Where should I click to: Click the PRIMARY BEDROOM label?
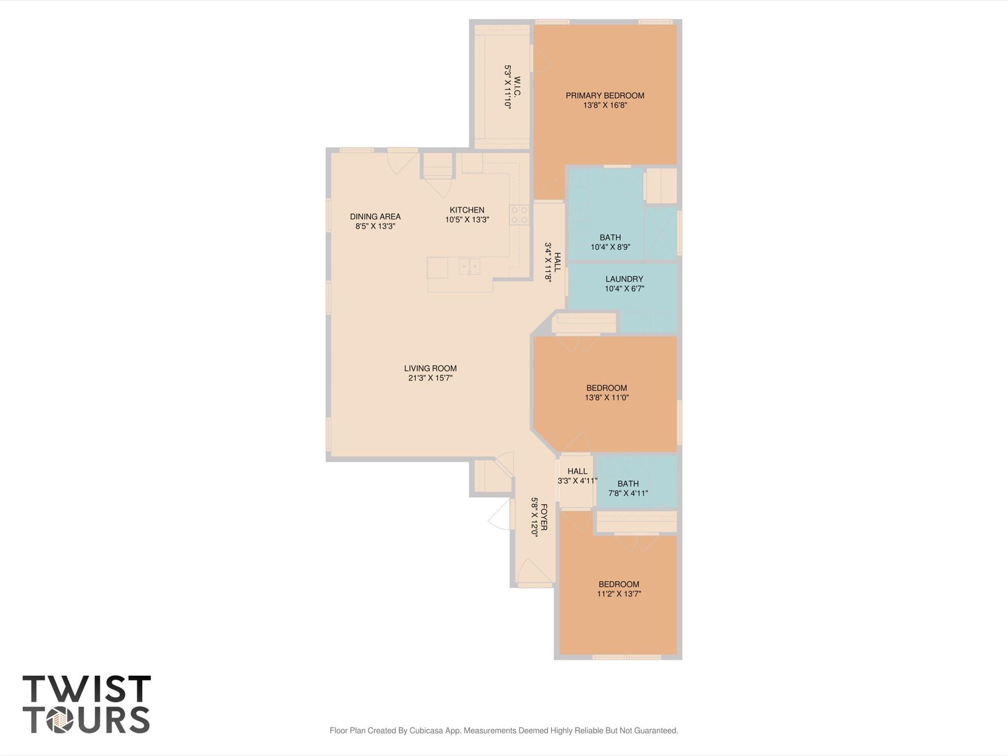[x=605, y=96]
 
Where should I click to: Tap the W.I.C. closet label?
[x=517, y=87]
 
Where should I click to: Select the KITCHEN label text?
[x=467, y=210]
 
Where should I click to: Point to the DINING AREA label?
[x=375, y=216]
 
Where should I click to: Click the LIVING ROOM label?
[x=430, y=368]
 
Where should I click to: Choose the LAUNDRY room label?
[x=624, y=279]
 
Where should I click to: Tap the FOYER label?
[x=544, y=517]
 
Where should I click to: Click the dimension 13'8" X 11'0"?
[x=607, y=397]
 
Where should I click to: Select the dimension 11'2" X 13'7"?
[x=618, y=594]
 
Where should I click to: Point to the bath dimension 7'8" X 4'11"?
[x=628, y=493]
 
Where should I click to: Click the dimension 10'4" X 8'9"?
[x=610, y=247]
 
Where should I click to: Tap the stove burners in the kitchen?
[x=519, y=215]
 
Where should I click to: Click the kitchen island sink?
[x=469, y=266]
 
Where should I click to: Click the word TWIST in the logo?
[x=86, y=689]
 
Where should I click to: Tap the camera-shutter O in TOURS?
[x=60, y=721]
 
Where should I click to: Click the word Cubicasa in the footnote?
[x=427, y=730]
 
